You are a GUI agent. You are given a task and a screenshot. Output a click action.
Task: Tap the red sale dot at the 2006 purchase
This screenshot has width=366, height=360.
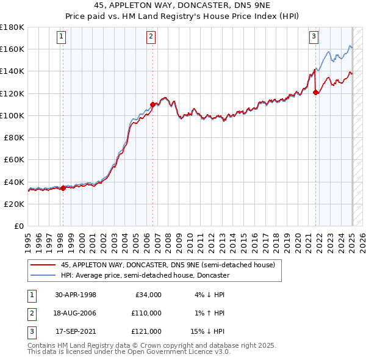coord(152,104)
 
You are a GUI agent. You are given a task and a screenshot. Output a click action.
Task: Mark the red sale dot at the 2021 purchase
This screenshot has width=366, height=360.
coord(316,92)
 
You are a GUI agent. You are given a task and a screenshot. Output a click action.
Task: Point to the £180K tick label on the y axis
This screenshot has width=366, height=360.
coord(13,27)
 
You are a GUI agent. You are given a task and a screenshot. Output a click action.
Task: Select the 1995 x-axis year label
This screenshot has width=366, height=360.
coord(28,240)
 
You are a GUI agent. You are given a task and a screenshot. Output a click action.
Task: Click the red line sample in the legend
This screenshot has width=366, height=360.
coord(43,265)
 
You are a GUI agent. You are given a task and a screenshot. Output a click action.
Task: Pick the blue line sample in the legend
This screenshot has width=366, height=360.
coord(43,275)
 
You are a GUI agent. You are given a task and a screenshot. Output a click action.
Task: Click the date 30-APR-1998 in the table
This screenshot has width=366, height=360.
coord(76,295)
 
